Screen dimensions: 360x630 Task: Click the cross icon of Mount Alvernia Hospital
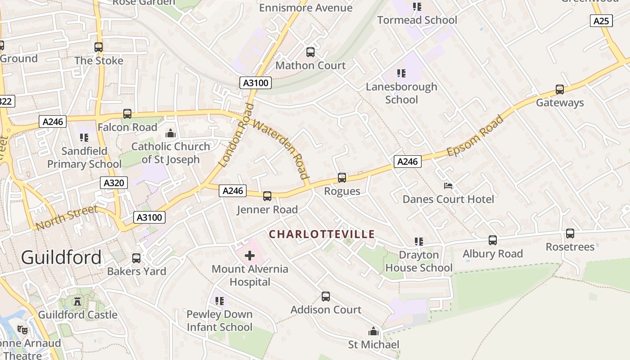[x=250, y=256]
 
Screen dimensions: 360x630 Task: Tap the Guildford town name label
[x=61, y=257]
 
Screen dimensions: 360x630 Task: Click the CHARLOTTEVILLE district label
[x=322, y=234]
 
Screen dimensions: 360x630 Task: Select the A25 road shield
[x=601, y=21]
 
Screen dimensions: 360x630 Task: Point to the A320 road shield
[x=114, y=183]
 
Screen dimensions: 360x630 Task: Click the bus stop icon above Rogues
[x=342, y=178]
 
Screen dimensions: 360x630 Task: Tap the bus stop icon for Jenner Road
[x=267, y=196]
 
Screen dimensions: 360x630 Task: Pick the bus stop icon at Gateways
[x=560, y=90]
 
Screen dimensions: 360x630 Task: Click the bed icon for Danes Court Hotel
[x=448, y=185]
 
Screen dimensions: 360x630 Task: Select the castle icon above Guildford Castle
[x=77, y=301]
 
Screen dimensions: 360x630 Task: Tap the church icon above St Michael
[x=373, y=332]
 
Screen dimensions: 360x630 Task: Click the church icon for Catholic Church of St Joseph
[x=171, y=133]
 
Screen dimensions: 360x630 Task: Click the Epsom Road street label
[x=475, y=136]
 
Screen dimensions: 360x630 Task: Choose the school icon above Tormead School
[x=417, y=7]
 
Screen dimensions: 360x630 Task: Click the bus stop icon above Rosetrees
[x=570, y=234]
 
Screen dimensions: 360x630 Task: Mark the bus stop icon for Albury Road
[x=493, y=240]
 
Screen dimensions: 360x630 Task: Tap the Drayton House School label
[x=418, y=261]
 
